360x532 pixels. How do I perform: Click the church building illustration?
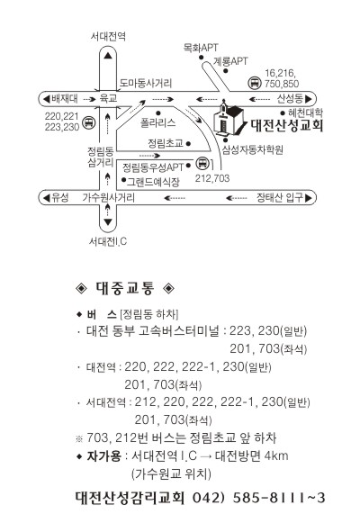228,118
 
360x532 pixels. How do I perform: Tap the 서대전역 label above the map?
108,36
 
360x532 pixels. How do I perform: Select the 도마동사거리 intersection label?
146,83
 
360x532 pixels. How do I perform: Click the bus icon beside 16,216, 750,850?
254,83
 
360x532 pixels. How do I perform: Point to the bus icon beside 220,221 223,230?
89,122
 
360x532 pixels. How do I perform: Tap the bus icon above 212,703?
202,163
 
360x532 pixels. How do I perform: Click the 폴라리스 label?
158,122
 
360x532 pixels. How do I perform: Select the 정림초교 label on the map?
166,143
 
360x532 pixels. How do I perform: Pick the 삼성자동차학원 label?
253,149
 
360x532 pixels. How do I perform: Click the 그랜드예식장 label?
153,182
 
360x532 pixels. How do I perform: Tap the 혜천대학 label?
305,113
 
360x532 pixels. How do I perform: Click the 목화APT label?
201,48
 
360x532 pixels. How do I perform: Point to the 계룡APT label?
230,61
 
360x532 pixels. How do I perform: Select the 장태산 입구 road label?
280,197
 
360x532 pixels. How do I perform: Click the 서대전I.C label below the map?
108,241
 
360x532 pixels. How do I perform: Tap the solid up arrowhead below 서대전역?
108,55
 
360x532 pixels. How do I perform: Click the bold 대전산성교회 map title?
287,125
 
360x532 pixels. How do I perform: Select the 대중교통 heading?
125,288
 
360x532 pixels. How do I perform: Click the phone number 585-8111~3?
279,498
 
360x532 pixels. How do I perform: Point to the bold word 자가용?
103,455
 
